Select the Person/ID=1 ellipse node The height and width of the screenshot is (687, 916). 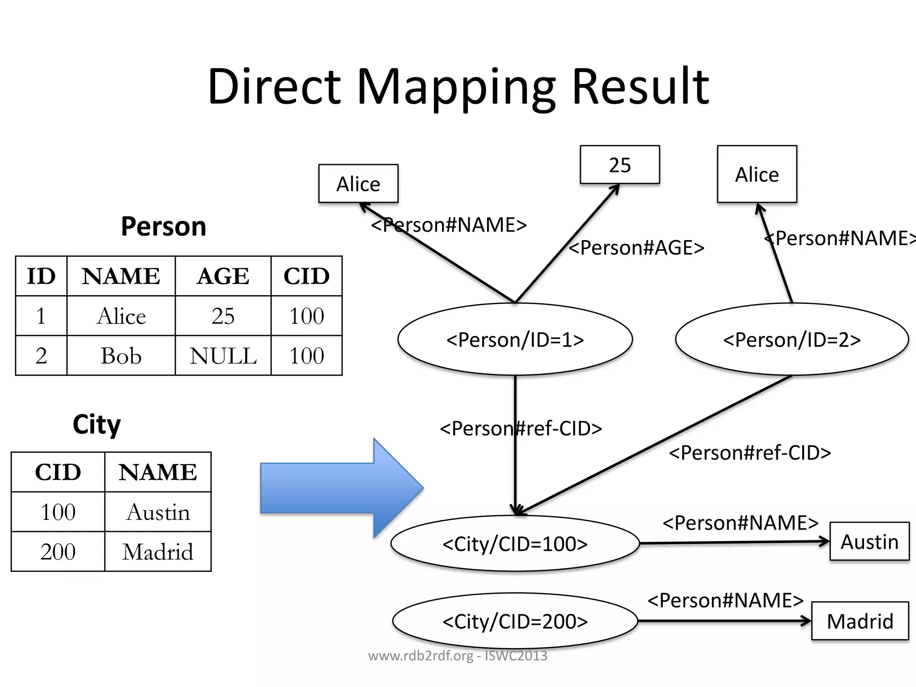pyautogui.click(x=515, y=339)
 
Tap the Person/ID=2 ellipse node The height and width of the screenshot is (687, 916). pyautogui.click(x=792, y=339)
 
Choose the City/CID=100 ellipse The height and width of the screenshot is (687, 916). pyautogui.click(x=515, y=544)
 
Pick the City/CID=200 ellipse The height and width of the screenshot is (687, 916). pyautogui.click(x=515, y=621)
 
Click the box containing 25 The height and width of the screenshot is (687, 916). pyautogui.click(x=619, y=165)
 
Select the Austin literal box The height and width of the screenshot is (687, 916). pyautogui.click(x=869, y=541)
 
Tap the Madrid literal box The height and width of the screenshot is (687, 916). pyautogui.click(x=860, y=621)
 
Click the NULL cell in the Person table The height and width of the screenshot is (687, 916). pyautogui.click(x=223, y=356)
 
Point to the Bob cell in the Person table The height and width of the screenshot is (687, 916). pyautogui.click(x=121, y=356)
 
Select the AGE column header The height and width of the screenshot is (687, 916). pyautogui.click(x=223, y=276)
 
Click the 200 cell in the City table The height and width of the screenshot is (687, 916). pyautogui.click(x=58, y=551)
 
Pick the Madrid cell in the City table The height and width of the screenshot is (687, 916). pyautogui.click(x=158, y=551)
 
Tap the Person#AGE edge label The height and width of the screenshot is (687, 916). pyautogui.click(x=636, y=247)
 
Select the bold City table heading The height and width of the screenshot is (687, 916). pyautogui.click(x=97, y=424)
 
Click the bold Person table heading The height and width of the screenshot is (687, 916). pyautogui.click(x=164, y=226)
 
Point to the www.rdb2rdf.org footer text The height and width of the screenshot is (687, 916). pyautogui.click(x=457, y=656)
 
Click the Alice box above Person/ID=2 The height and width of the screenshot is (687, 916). pyautogui.click(x=757, y=174)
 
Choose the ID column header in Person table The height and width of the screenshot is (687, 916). pyautogui.click(x=41, y=276)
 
